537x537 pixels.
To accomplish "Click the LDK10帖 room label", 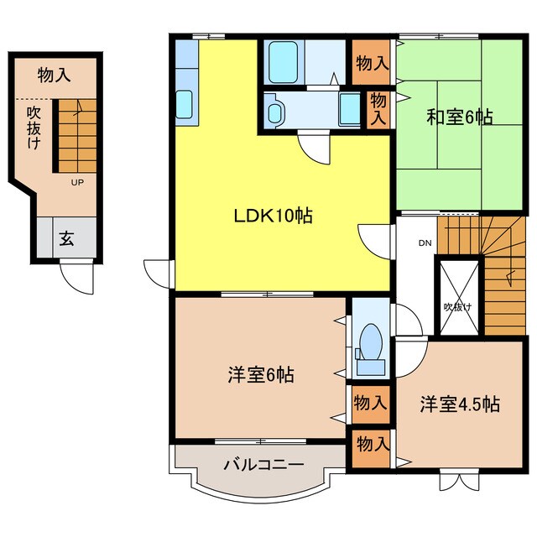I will (273, 216).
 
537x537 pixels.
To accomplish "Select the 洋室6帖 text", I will (259, 374).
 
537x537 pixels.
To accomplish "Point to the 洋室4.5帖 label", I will (460, 404).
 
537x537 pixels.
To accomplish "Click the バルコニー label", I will (263, 462).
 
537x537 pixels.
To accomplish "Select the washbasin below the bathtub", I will (274, 109).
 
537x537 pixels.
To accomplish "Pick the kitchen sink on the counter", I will (185, 106).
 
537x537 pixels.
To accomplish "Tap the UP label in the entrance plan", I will (76, 182).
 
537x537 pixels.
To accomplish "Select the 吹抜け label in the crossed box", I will (457, 306).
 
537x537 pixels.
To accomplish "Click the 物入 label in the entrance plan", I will (54, 76).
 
